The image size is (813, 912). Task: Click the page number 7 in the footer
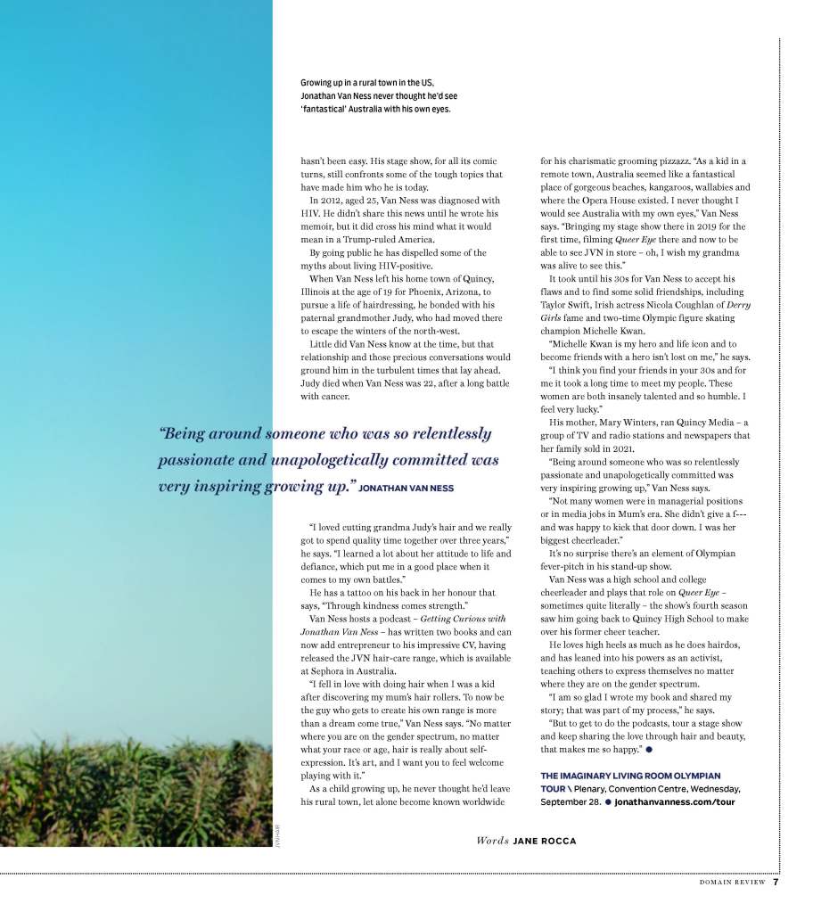click(776, 883)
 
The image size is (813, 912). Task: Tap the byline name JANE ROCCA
click(545, 841)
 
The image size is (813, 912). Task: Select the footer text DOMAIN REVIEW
click(733, 883)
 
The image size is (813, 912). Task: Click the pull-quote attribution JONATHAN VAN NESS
click(406, 489)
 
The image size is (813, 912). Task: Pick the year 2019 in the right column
click(702, 226)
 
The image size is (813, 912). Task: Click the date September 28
click(570, 801)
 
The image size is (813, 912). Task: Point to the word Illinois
click(318, 292)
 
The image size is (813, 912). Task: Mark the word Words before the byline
click(491, 841)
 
